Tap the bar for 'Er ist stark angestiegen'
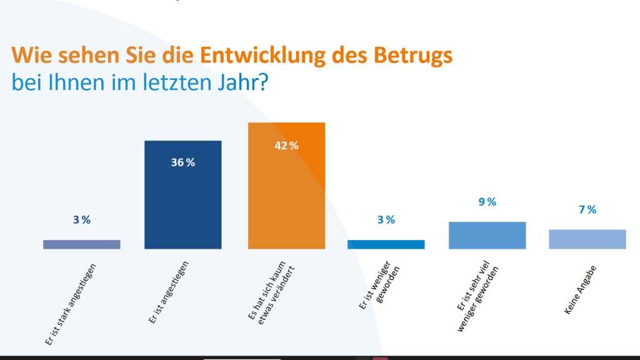(x=82, y=244)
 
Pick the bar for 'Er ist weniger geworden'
(x=386, y=244)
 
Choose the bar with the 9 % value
(x=487, y=235)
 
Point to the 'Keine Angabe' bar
(x=587, y=239)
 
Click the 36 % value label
(x=182, y=162)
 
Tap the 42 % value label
(x=287, y=146)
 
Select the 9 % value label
(x=487, y=201)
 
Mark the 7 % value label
(x=587, y=209)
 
